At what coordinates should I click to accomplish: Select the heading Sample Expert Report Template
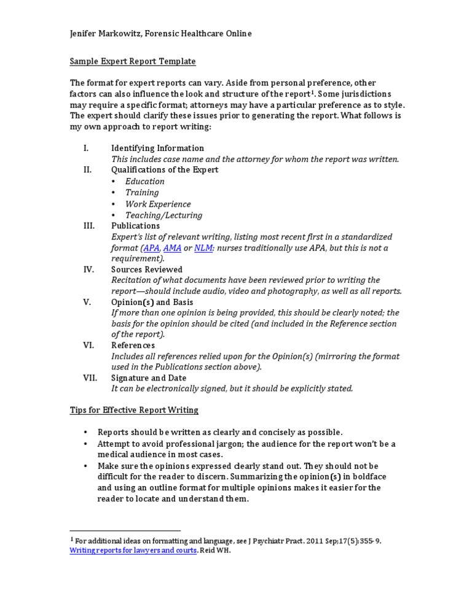(x=133, y=61)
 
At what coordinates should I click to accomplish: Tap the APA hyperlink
(x=151, y=249)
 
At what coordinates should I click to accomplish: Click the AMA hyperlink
(x=172, y=249)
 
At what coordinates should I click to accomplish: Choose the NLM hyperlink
(x=203, y=249)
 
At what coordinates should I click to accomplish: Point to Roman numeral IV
(x=88, y=269)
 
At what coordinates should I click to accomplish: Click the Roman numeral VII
(x=90, y=378)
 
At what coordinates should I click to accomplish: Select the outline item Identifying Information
(x=157, y=148)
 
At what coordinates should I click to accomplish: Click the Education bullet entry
(x=145, y=182)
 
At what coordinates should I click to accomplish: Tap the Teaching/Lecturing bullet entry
(x=163, y=215)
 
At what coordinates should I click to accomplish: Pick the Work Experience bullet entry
(x=158, y=204)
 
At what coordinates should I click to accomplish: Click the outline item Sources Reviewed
(x=147, y=269)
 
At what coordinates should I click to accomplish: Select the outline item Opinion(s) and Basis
(x=152, y=303)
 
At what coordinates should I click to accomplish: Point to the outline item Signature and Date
(x=149, y=378)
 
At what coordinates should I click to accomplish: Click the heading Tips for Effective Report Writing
(x=134, y=410)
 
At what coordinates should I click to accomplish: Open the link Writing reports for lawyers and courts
(x=133, y=550)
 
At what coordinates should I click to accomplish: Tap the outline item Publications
(x=135, y=226)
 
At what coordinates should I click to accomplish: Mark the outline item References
(x=133, y=346)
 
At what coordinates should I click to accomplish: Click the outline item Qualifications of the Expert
(x=165, y=170)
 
